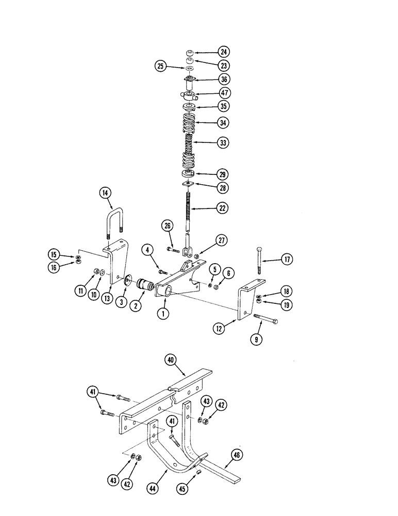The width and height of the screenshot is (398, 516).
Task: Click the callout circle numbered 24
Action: (x=223, y=52)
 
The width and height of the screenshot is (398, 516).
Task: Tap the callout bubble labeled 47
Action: (x=223, y=94)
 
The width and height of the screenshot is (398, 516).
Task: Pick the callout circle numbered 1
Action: (x=163, y=313)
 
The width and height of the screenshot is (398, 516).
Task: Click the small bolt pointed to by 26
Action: (x=174, y=250)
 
